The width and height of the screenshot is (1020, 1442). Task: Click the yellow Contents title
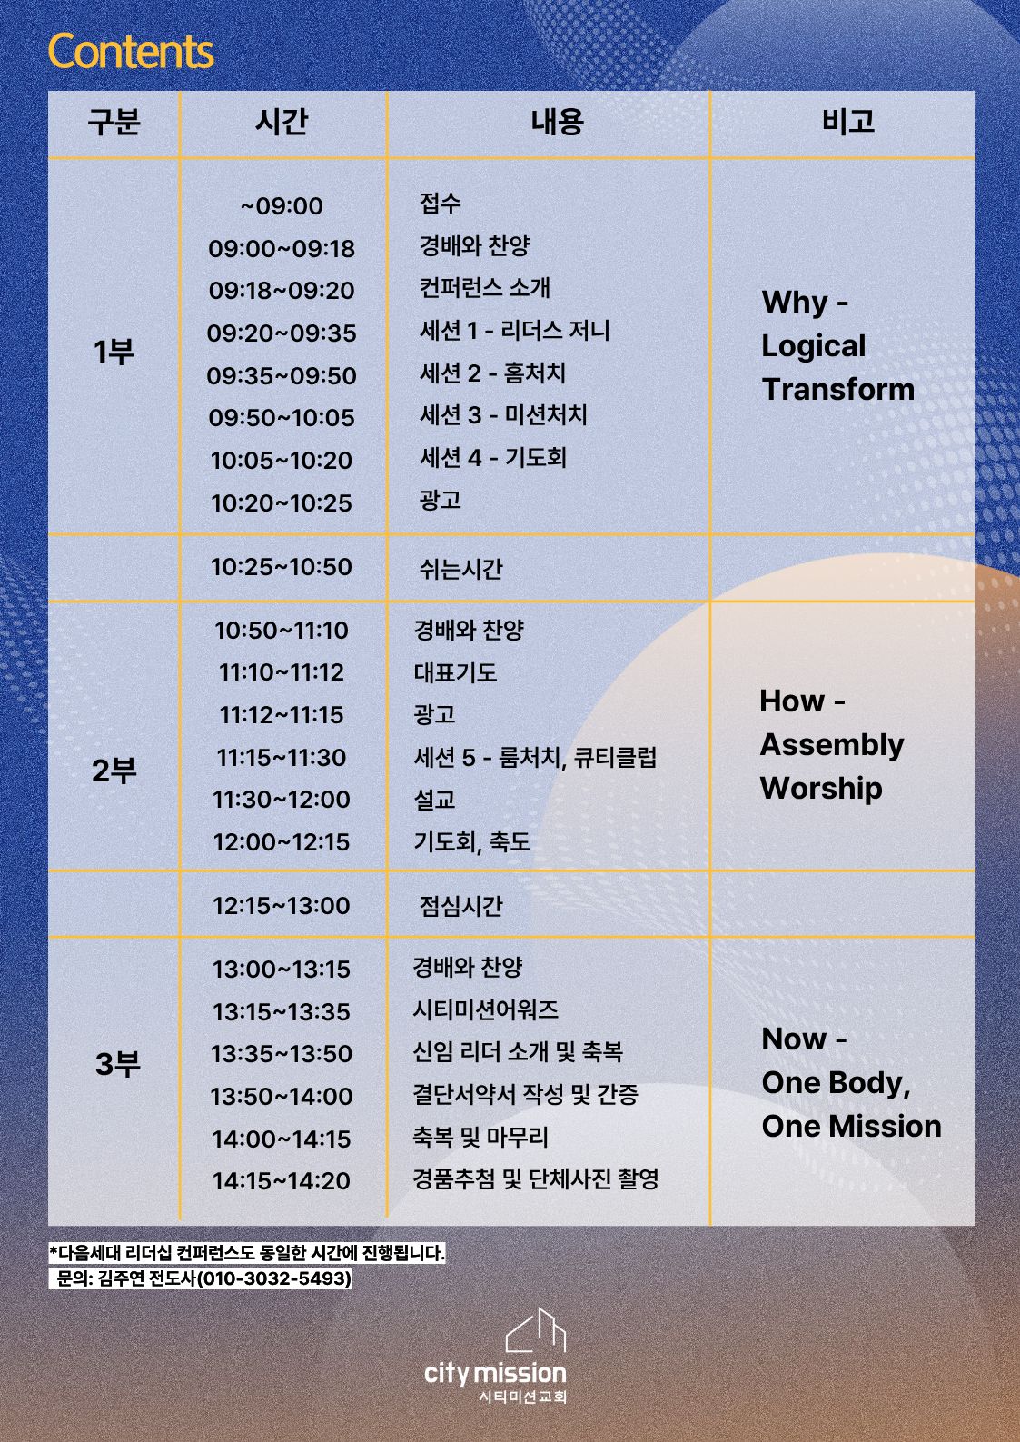(x=131, y=52)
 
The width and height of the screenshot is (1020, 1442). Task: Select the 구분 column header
(x=114, y=121)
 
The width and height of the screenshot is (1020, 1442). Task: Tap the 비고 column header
(x=848, y=121)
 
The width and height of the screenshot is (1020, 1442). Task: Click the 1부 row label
(x=114, y=352)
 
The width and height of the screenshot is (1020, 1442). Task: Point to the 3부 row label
(x=118, y=1063)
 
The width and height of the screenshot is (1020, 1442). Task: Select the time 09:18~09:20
(x=282, y=291)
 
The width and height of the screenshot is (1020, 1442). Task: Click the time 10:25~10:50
(x=282, y=567)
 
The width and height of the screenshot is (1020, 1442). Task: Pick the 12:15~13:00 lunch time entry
(x=282, y=906)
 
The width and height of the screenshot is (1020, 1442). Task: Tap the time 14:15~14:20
(x=282, y=1180)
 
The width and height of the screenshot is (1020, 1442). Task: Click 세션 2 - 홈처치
(x=492, y=373)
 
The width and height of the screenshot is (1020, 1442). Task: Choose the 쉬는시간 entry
(x=460, y=569)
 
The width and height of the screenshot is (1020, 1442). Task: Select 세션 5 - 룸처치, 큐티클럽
(x=535, y=757)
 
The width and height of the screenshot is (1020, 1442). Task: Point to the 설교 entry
(x=434, y=800)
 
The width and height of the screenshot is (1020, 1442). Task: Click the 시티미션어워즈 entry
(x=485, y=1009)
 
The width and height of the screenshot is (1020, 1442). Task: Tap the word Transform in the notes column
(x=837, y=390)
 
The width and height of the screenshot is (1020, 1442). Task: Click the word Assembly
(x=831, y=746)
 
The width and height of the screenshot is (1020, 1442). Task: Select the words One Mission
(x=851, y=1126)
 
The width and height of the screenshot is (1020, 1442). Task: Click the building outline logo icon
(x=535, y=1330)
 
